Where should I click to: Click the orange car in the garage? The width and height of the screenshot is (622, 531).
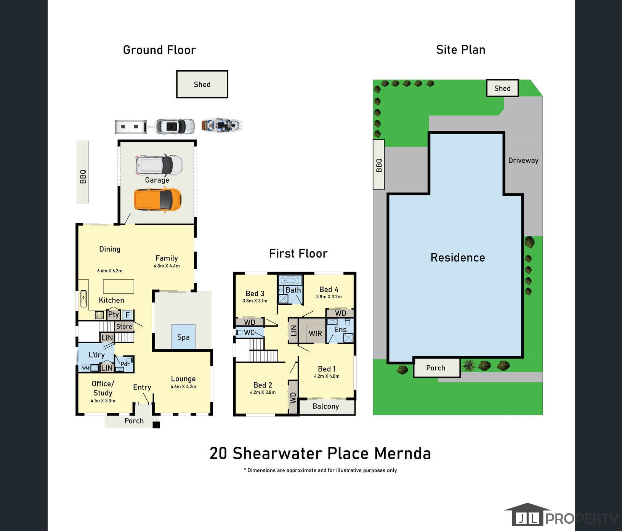pos(157,200)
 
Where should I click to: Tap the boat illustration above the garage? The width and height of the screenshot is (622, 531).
pos(222,125)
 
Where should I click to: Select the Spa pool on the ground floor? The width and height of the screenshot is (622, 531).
pos(183,337)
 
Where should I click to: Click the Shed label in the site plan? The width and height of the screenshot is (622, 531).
pos(502,88)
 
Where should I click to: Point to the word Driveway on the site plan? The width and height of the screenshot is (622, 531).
pos(523,160)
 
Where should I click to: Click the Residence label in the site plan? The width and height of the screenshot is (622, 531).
pos(458,257)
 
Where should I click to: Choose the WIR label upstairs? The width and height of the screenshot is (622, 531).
pos(315,333)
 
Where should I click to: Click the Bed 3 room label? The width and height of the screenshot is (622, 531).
pos(255,293)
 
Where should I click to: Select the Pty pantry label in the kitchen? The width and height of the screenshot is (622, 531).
pos(114,314)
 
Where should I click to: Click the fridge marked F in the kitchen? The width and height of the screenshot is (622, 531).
pos(128,315)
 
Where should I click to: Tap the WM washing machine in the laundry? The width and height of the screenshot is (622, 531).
pos(85,368)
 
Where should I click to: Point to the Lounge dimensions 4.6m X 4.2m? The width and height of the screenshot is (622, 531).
pos(183,386)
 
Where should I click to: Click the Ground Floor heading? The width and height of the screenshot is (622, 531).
pos(159,50)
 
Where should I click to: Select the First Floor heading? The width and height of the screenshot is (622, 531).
pos(298,254)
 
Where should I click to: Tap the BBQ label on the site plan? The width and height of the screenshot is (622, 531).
pos(379,165)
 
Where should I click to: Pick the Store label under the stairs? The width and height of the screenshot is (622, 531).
pos(124,327)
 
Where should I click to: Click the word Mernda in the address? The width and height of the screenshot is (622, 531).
pos(402,453)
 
